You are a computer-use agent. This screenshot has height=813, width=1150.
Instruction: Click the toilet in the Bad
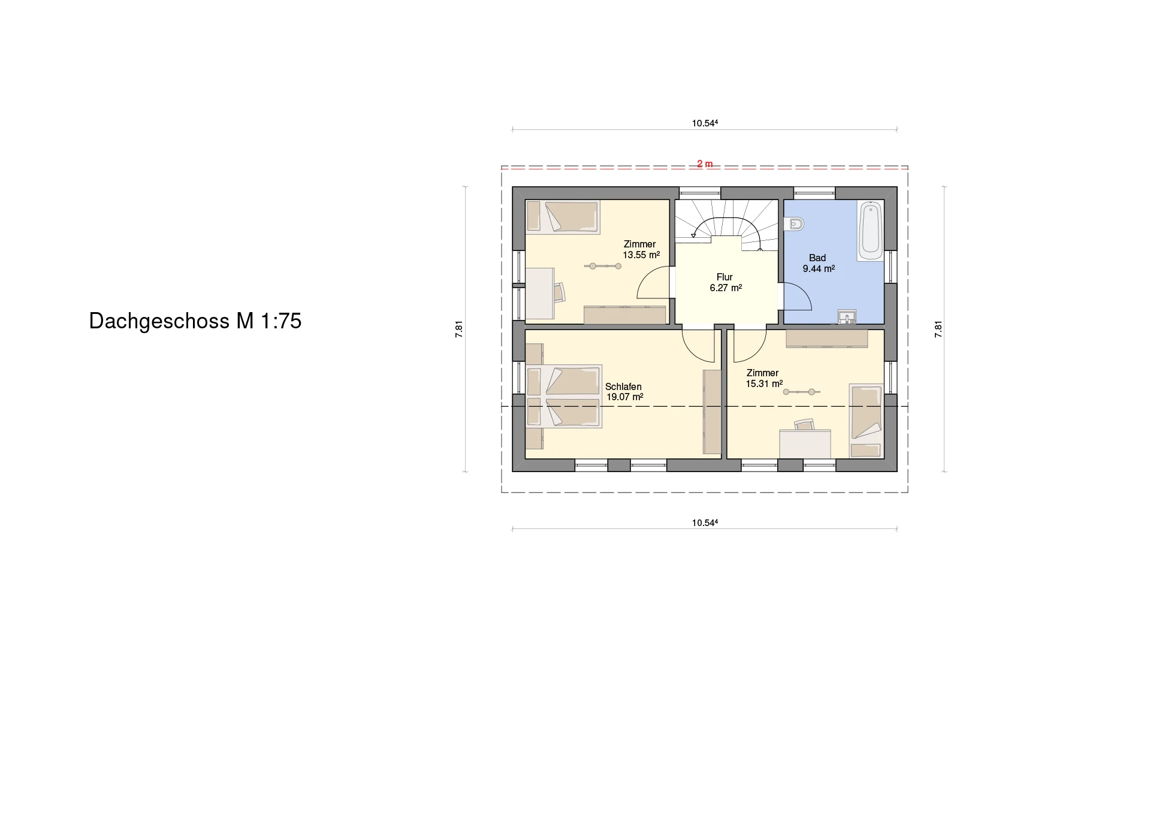(794, 224)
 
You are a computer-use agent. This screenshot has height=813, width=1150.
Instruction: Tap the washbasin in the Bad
(847, 317)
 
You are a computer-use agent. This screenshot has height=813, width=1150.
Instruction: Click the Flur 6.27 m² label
(726, 282)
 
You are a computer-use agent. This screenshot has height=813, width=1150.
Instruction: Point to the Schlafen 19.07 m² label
(624, 392)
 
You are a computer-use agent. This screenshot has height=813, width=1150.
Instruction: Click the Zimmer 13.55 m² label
(641, 249)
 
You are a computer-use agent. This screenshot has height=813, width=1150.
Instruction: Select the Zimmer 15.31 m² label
(764, 378)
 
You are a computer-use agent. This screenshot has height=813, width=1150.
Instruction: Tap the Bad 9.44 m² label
(819, 263)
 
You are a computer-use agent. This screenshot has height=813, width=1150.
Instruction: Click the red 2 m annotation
(705, 164)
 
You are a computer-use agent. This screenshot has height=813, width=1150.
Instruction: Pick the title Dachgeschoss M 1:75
(195, 321)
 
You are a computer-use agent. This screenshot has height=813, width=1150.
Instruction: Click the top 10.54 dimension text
(705, 123)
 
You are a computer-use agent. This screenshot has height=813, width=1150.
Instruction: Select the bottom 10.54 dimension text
(705, 522)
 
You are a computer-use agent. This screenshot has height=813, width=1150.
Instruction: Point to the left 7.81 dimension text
(459, 329)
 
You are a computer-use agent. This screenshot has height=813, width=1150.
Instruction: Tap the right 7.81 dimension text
(938, 329)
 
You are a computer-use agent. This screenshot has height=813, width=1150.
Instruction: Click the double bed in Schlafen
(563, 396)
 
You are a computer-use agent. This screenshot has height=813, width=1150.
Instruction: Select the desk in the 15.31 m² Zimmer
(805, 444)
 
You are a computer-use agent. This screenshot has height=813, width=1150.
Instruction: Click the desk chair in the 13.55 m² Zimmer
(559, 292)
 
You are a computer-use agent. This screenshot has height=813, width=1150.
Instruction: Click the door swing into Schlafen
(699, 346)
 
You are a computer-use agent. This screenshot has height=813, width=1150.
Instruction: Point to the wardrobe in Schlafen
(712, 412)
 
